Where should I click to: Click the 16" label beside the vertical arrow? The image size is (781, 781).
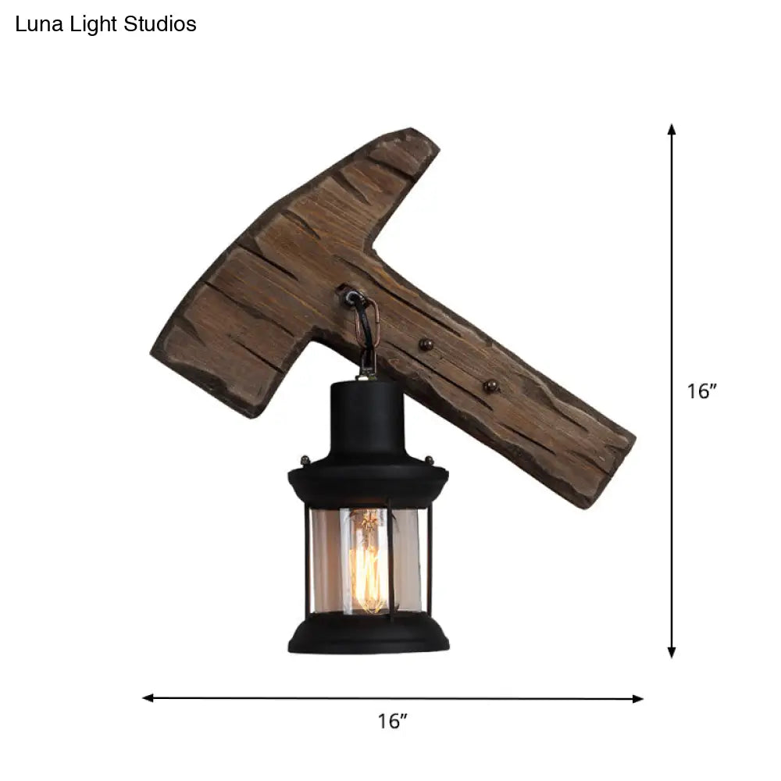701,391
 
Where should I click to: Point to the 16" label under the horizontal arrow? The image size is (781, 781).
393,721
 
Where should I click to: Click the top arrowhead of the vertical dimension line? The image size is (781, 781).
671,130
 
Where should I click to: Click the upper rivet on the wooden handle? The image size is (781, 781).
426,344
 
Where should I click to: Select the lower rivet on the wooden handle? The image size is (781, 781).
490,385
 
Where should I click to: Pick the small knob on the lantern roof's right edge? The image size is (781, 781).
429,460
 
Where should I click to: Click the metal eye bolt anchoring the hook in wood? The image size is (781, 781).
349,295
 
